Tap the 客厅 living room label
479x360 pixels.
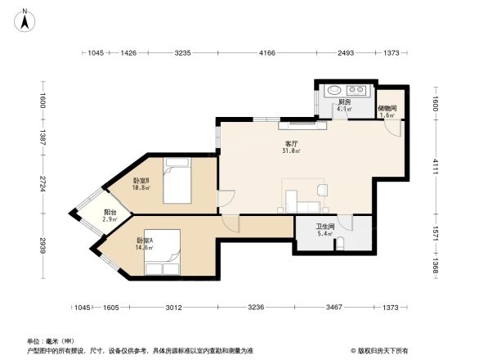point(289,142)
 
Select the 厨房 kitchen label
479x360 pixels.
point(344,101)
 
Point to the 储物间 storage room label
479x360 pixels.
point(387,108)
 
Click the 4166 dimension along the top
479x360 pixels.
point(267,53)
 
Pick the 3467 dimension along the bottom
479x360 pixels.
point(333,307)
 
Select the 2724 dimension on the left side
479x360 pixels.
point(43,185)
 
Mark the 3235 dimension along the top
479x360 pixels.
point(182,53)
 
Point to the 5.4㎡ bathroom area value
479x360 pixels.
point(325,235)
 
